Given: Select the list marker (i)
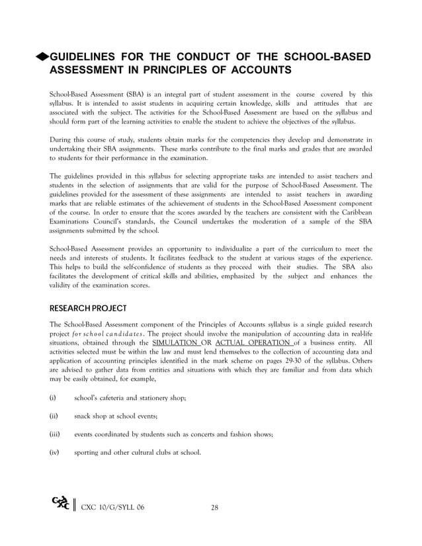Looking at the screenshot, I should [53, 397].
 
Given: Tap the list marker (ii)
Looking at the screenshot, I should [54, 416].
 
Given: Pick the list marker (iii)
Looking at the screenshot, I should [55, 434].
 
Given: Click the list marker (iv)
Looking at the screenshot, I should [54, 453].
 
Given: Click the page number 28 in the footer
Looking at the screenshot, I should [214, 508].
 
